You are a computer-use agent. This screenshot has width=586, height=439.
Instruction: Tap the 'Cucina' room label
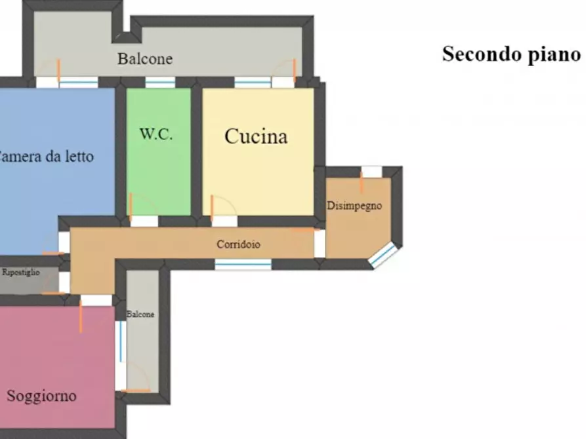[256, 136]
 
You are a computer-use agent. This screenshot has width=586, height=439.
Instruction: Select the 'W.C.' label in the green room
[156, 134]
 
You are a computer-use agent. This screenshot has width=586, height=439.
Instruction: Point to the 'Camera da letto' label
[46, 157]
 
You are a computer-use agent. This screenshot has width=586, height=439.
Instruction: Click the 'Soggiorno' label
[41, 396]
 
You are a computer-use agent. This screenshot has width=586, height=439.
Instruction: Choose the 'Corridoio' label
[239, 244]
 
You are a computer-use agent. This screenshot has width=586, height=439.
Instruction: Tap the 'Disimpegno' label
[354, 206]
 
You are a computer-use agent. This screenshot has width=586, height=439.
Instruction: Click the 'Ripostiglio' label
[21, 272]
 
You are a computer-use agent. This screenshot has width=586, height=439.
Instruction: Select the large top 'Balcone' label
[145, 59]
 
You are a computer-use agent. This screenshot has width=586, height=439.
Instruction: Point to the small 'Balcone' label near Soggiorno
[140, 315]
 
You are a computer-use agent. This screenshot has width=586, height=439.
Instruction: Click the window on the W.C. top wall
[159, 83]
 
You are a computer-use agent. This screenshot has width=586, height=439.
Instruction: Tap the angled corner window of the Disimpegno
[383, 256]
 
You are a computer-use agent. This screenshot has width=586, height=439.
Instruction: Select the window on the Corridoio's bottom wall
[243, 264]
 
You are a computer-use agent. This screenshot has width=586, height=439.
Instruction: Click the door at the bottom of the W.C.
[144, 221]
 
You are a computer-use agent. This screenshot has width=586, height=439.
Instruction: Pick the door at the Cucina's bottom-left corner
[224, 221]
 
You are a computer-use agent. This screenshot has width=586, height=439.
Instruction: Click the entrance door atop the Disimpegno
[371, 172]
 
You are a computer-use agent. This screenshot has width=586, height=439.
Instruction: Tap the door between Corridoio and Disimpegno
[319, 243]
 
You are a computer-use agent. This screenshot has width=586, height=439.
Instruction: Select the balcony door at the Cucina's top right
[283, 82]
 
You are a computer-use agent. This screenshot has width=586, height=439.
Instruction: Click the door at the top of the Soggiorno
[96, 300]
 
